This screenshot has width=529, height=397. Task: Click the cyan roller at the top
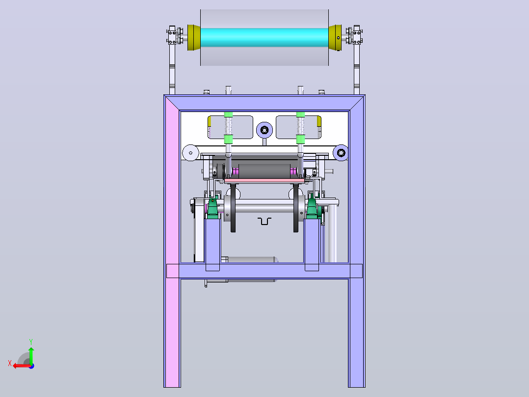(x=264, y=37)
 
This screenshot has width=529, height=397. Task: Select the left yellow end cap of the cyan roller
(x=194, y=37)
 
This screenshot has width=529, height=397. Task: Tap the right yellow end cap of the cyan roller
(x=335, y=37)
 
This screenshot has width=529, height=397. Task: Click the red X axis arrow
(x=22, y=366)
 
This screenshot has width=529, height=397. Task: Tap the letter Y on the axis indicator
(x=31, y=342)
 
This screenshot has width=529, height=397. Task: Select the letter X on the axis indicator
(x=10, y=363)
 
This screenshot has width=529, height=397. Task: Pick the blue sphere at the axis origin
(x=32, y=366)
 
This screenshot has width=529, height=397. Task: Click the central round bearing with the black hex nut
(x=264, y=130)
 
